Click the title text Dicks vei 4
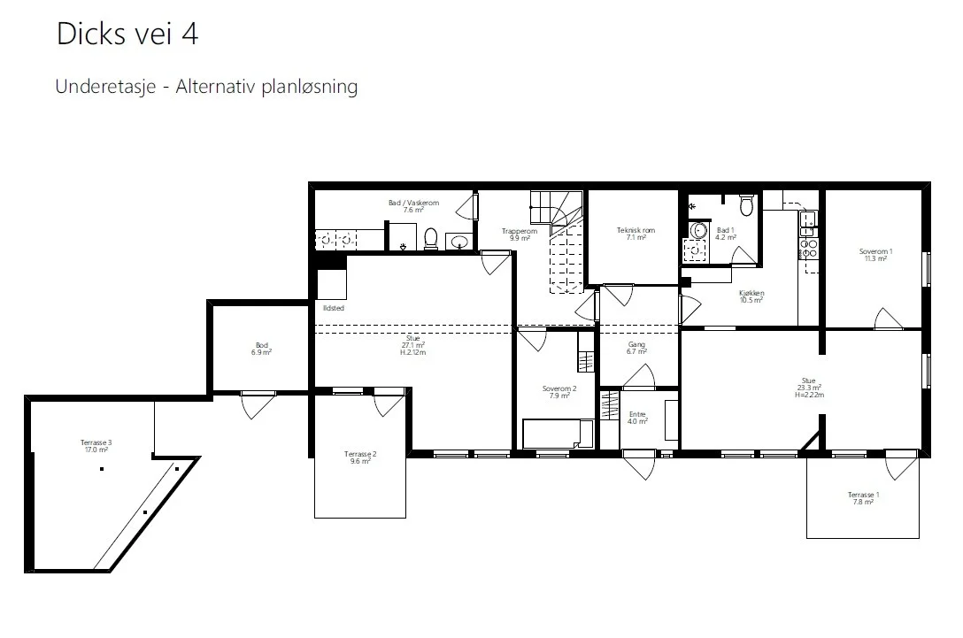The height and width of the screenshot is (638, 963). pyautogui.click(x=127, y=34)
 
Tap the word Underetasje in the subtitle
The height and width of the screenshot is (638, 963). pyautogui.click(x=105, y=87)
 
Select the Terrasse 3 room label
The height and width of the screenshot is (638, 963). pyautogui.click(x=96, y=446)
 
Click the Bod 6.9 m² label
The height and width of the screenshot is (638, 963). pyautogui.click(x=262, y=349)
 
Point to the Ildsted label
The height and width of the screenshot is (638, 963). pyautogui.click(x=334, y=308)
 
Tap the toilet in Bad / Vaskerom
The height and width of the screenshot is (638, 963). pyautogui.click(x=431, y=239)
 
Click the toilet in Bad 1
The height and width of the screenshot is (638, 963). pyautogui.click(x=746, y=205)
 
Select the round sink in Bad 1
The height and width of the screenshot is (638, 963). pyautogui.click(x=698, y=231)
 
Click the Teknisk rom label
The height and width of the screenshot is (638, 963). pyautogui.click(x=636, y=234)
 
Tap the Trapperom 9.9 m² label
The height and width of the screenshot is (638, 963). pyautogui.click(x=520, y=234)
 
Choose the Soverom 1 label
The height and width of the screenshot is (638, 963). pyautogui.click(x=875, y=255)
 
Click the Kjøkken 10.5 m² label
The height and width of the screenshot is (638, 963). pyautogui.click(x=751, y=296)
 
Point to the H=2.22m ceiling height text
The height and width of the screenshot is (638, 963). pyautogui.click(x=809, y=396)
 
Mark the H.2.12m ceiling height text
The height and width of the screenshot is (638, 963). pyautogui.click(x=412, y=353)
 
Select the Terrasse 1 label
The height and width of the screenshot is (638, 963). pyautogui.click(x=864, y=498)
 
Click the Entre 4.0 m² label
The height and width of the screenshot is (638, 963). pyautogui.click(x=637, y=419)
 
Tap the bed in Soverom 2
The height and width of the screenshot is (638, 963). pyautogui.click(x=558, y=434)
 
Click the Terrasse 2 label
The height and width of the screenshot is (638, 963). pyautogui.click(x=360, y=457)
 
